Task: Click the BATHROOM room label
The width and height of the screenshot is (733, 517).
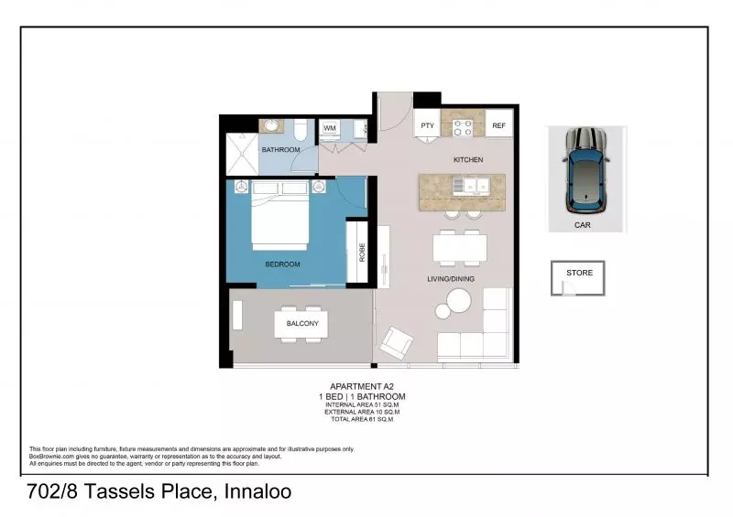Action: point(280,149)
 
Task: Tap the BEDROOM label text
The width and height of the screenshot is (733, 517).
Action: point(282,264)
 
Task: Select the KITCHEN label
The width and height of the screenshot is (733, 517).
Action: point(467,160)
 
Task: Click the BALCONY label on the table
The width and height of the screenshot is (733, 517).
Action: point(302,324)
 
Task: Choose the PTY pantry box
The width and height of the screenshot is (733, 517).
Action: point(427,125)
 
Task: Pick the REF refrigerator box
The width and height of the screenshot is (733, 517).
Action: point(498,125)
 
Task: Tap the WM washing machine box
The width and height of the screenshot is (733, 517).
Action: point(329,128)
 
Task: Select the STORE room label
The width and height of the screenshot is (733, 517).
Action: point(579,273)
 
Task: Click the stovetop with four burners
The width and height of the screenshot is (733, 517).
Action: point(462,125)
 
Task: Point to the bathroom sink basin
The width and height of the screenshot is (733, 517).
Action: point(271,126)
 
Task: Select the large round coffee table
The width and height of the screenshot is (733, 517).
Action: point(458,301)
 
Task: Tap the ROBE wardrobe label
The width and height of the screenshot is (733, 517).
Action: point(362,253)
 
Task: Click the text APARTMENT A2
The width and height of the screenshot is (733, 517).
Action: point(361,387)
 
